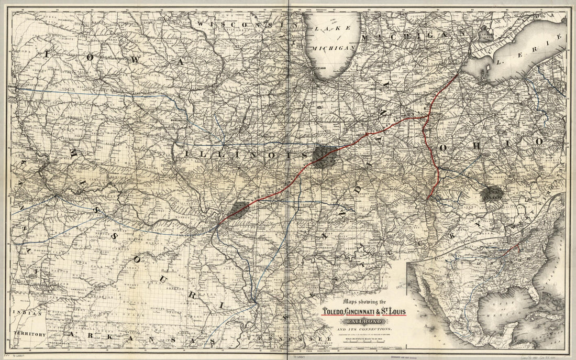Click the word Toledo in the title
pyautogui.click(x=338, y=313)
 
